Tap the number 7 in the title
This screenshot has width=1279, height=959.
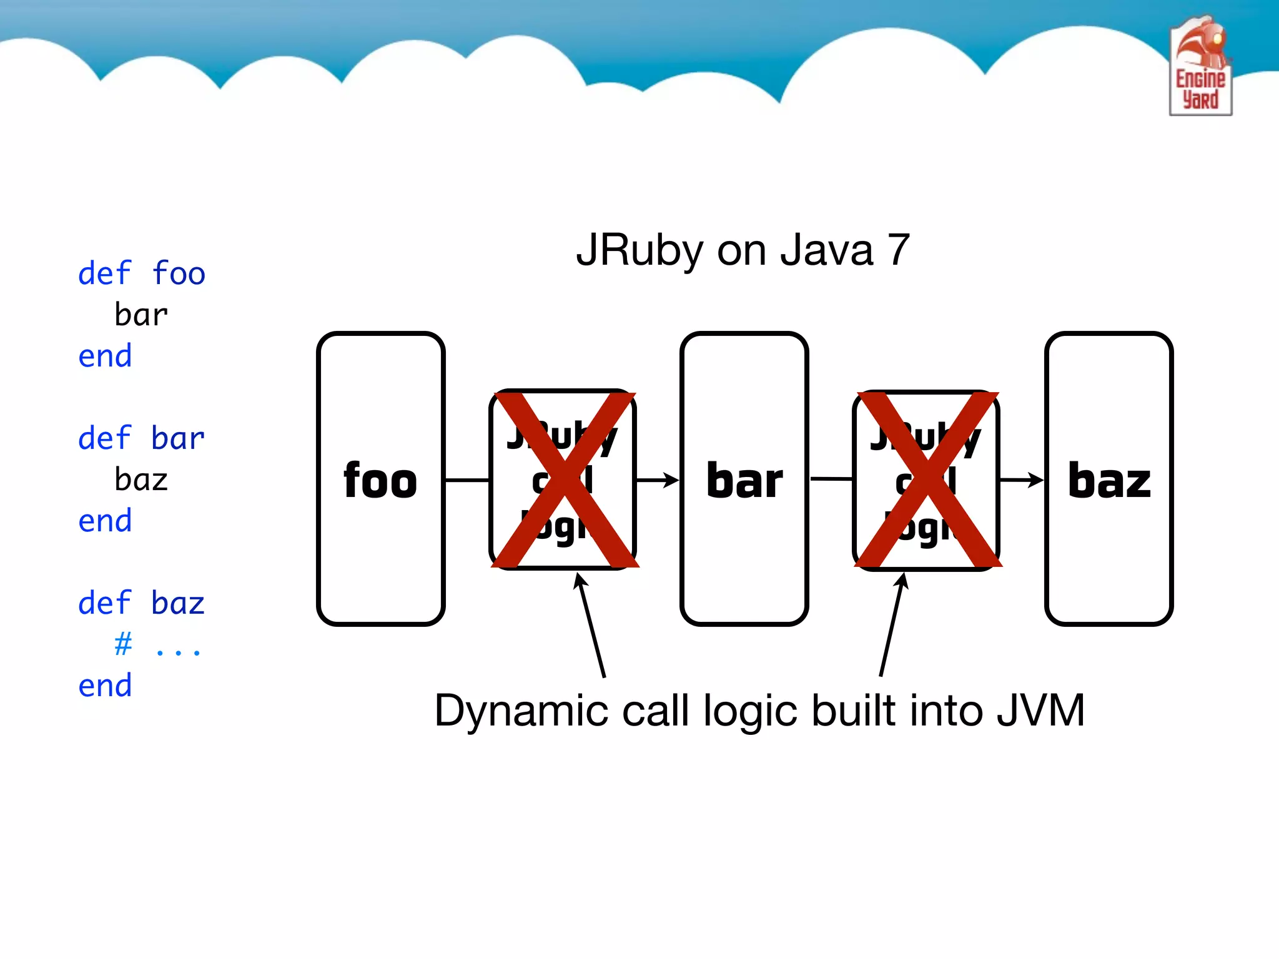tap(898, 250)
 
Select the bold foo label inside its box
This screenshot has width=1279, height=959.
tap(380, 481)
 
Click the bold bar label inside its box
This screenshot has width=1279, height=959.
tap(744, 481)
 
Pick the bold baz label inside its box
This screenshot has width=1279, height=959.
tap(1109, 481)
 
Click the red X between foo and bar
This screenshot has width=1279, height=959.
tap(565, 479)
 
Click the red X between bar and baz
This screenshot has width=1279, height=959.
tap(928, 479)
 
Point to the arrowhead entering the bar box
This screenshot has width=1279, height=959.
tap(672, 480)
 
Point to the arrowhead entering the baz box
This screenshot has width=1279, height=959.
tap(1037, 480)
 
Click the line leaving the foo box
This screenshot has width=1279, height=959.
tap(467, 480)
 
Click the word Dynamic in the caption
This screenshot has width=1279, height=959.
tap(521, 711)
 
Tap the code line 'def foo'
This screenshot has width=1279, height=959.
tap(142, 274)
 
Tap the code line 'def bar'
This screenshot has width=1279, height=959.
tap(142, 438)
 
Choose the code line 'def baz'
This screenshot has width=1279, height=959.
tap(142, 603)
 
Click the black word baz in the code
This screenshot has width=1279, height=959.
tap(141, 480)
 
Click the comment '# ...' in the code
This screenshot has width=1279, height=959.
tap(157, 644)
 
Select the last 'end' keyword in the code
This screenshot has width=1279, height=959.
tap(105, 686)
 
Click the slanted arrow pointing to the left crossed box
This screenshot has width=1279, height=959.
tap(591, 624)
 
